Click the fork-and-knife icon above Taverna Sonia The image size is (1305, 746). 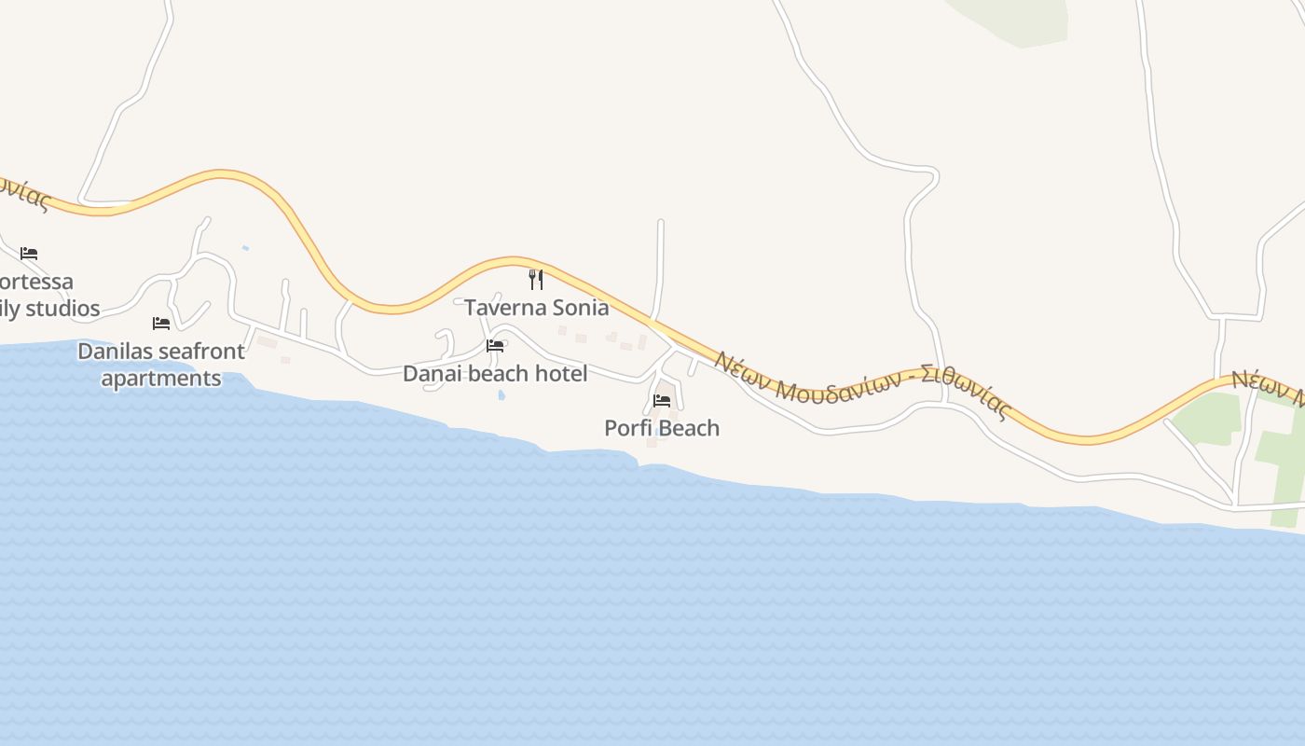tap(536, 279)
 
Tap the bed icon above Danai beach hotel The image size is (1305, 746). tap(495, 346)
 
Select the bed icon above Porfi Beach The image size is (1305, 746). tap(662, 401)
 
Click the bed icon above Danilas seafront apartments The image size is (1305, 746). tap(161, 324)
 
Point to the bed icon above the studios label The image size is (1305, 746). tap(29, 254)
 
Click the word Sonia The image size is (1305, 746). tap(581, 308)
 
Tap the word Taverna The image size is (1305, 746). tap(507, 308)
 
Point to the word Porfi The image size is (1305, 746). tap(627, 428)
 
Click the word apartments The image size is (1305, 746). tap(161, 379)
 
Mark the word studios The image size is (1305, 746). tap(62, 309)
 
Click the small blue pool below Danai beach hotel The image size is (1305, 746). tap(501, 395)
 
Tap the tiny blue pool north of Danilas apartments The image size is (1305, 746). tap(245, 248)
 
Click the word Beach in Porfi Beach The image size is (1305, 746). tap(690, 428)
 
